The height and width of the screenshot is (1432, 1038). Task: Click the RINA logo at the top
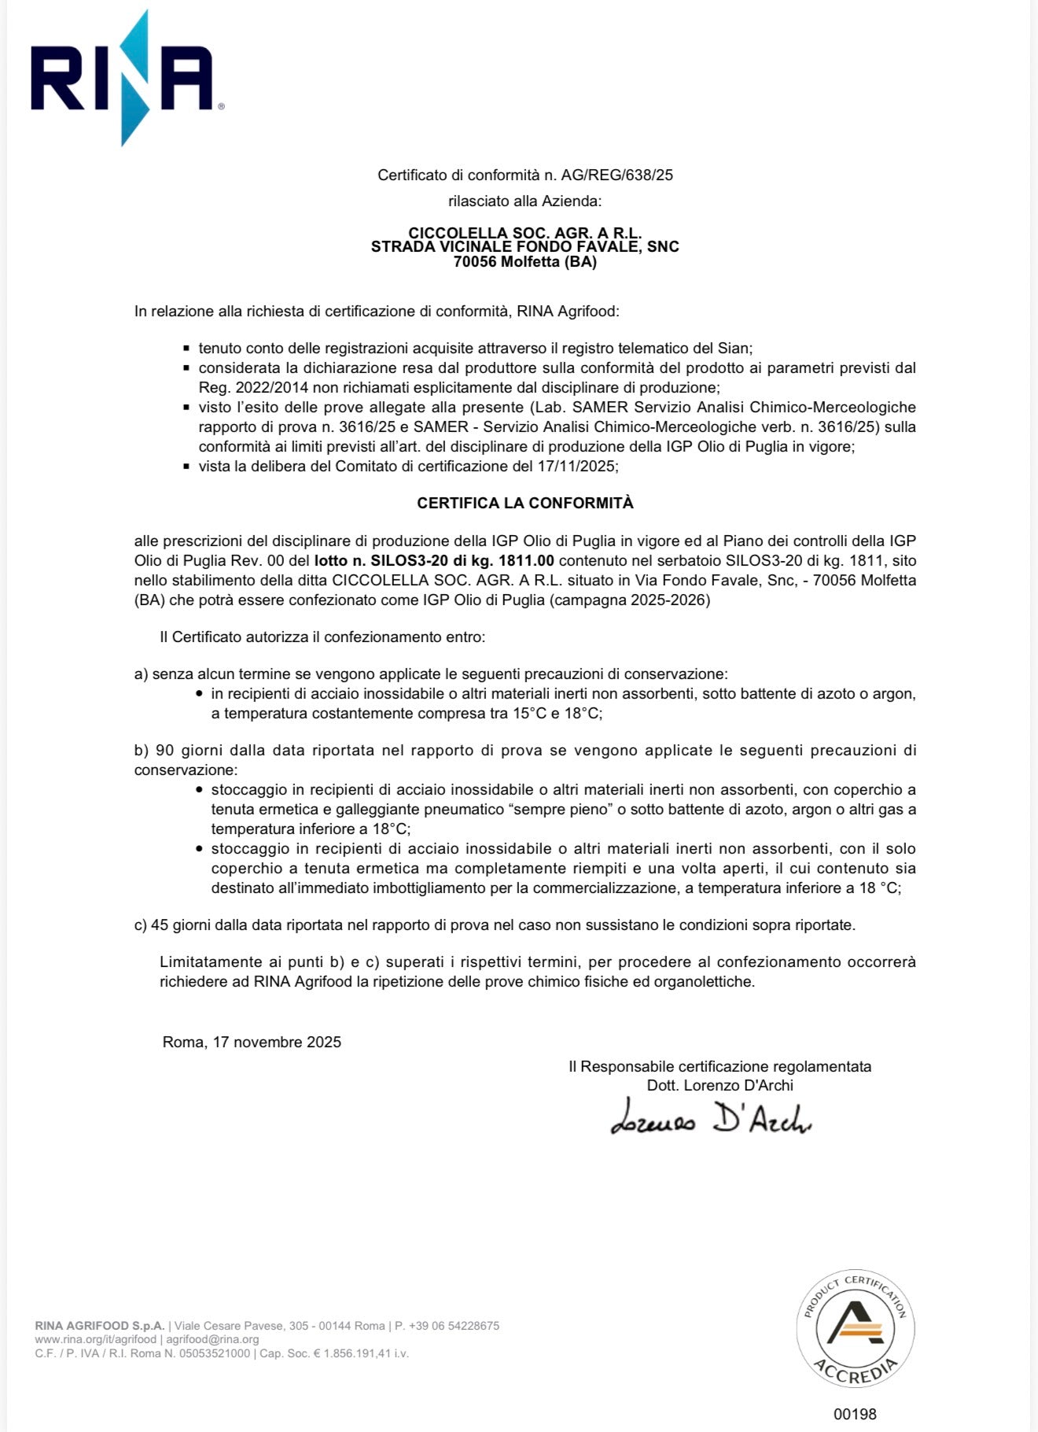pos(123,79)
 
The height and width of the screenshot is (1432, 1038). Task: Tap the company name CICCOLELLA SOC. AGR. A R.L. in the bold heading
pos(525,233)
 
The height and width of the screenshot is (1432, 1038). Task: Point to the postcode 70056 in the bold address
pos(475,262)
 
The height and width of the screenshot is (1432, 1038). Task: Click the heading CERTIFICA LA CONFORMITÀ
pos(525,503)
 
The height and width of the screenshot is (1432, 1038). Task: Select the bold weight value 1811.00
pos(526,561)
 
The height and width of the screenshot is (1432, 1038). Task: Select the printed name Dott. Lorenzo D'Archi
pos(720,1086)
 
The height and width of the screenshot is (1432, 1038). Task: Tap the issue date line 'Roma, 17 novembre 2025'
pos(252,1043)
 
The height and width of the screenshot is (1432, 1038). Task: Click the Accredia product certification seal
pos(855,1329)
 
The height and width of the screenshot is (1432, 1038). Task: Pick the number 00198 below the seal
pos(855,1414)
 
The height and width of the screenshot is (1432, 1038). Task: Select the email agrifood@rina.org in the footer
pos(212,1339)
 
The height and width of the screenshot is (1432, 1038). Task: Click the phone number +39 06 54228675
pos(454,1326)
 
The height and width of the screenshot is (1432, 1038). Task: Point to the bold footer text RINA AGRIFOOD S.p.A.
pos(100,1326)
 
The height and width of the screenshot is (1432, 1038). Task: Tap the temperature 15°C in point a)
pos(530,714)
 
